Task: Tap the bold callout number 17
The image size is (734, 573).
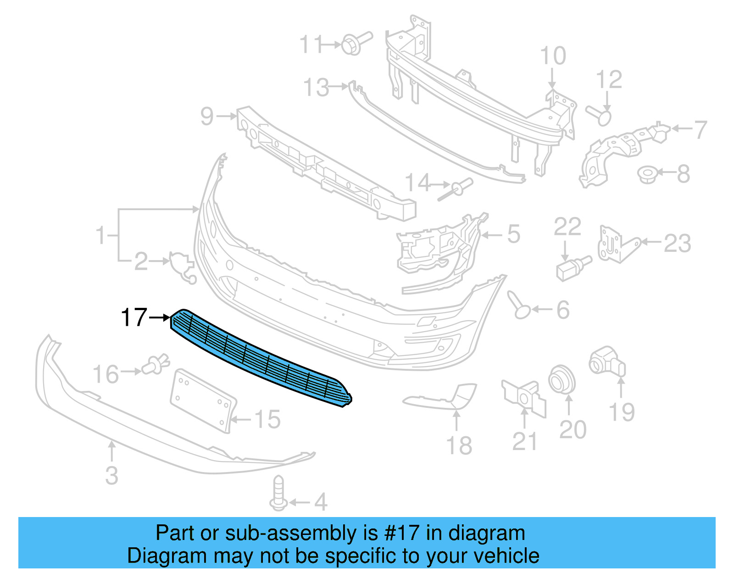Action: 133,317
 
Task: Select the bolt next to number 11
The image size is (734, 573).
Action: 356,43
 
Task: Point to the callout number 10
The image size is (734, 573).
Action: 553,56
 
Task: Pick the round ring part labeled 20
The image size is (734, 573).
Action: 562,379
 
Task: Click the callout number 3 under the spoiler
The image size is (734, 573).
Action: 111,475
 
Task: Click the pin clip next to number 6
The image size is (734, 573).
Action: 518,305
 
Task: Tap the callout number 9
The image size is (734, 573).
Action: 207,117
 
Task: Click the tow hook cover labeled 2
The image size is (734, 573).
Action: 182,267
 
